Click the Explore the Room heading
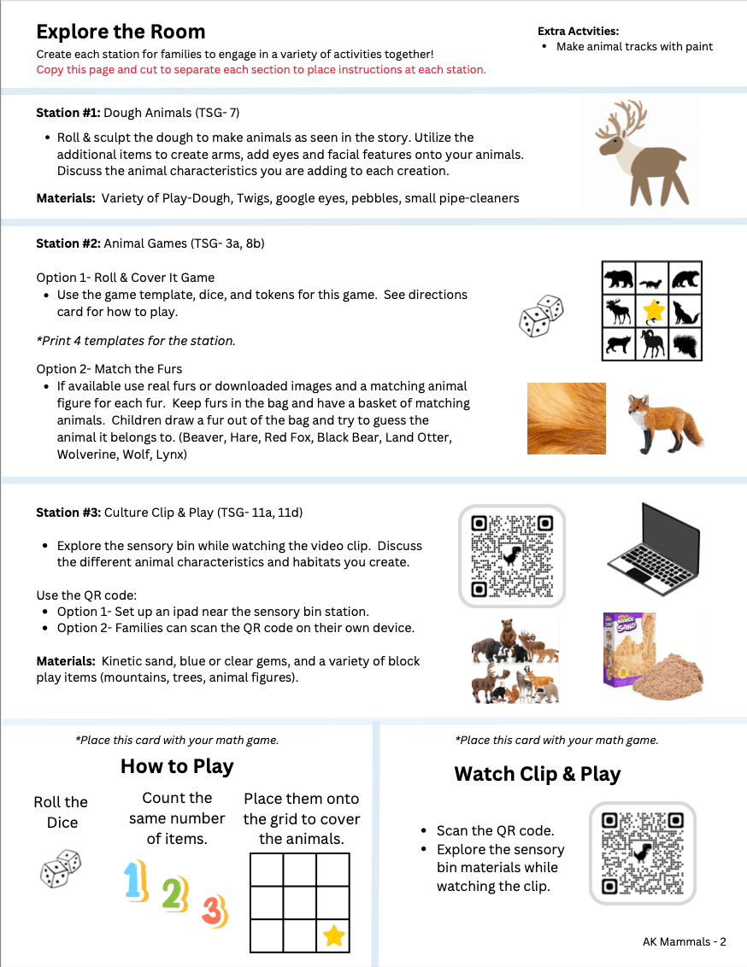click(x=121, y=32)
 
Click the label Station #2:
click(x=68, y=243)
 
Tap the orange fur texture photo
click(x=566, y=419)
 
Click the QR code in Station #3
click(x=512, y=556)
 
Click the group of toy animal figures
click(x=515, y=659)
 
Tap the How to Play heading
click(x=177, y=766)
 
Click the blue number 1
click(x=134, y=880)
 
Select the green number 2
click(x=174, y=894)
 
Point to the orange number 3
click(x=214, y=911)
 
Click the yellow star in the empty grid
click(x=333, y=936)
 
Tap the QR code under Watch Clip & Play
click(x=643, y=853)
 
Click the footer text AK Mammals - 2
click(x=684, y=942)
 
